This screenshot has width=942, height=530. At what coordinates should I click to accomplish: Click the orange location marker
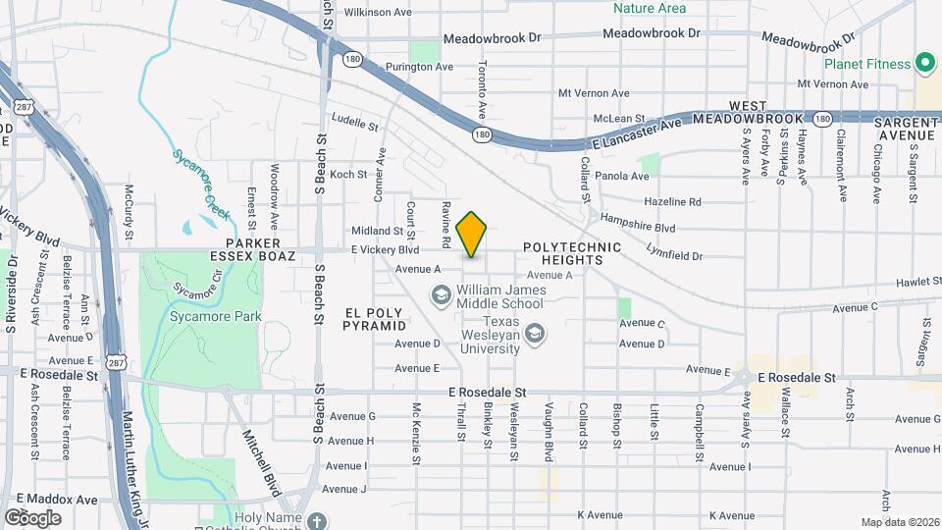tap(472, 235)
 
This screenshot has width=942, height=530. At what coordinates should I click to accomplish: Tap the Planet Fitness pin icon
tap(924, 64)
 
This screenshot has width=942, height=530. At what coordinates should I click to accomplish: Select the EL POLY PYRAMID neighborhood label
tap(375, 318)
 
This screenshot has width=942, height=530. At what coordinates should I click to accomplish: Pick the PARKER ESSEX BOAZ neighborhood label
tap(253, 249)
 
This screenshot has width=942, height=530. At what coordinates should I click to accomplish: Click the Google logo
tap(32, 517)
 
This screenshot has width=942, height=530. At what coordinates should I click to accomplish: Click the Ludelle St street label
tap(355, 125)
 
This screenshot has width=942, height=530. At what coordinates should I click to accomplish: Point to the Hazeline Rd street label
tap(672, 201)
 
